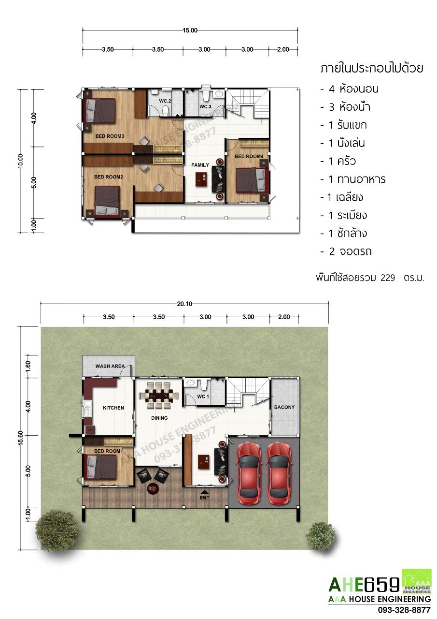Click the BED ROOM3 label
tap(110, 136)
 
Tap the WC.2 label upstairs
tap(165, 101)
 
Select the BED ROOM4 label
tap(249, 156)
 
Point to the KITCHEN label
tap(113, 408)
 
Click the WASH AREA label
tap(110, 366)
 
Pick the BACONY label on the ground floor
tap(284, 407)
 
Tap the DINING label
tap(159, 418)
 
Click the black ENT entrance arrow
tap(204, 492)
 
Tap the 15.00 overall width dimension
tap(190, 30)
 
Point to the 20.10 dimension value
tap(184, 304)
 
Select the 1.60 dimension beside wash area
tap(28, 367)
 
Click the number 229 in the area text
tap(388, 278)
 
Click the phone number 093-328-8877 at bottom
tap(404, 610)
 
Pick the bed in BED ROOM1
tap(101, 467)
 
